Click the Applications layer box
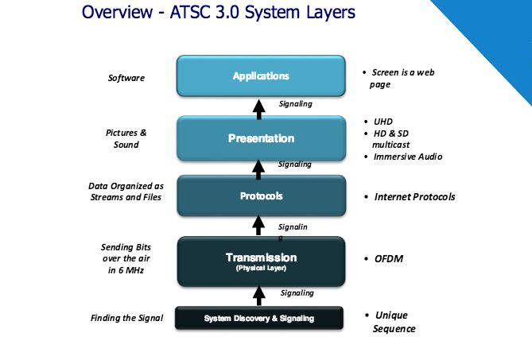261,76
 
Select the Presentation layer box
261,138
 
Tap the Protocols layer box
261,196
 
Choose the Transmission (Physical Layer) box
261,260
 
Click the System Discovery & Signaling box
259,319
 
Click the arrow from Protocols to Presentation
259,167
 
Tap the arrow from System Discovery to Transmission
259,295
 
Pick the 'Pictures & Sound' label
126,138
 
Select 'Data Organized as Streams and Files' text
126,192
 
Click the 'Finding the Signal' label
126,319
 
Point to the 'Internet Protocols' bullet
414,196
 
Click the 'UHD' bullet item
382,122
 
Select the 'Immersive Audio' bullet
407,157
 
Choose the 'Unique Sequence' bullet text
394,322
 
